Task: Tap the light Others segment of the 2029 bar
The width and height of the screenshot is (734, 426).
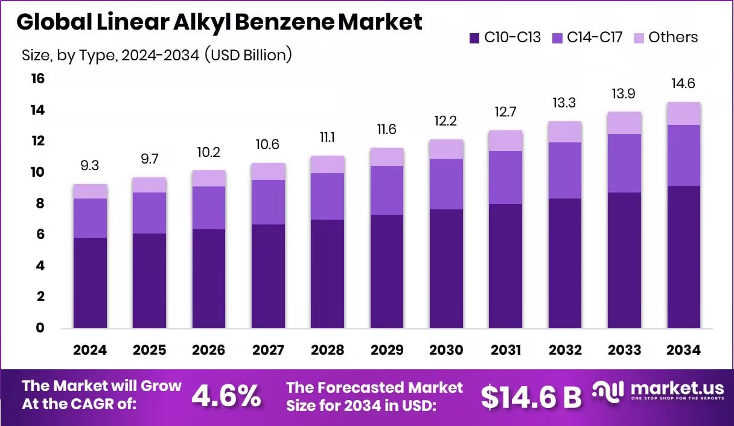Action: click(387, 157)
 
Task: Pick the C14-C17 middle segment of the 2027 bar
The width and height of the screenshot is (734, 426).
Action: click(268, 202)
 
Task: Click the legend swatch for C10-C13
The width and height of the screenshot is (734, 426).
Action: click(474, 38)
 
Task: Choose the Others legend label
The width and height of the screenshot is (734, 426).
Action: click(673, 37)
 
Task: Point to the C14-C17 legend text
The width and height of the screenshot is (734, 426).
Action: click(595, 37)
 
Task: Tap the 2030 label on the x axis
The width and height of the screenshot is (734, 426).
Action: click(446, 351)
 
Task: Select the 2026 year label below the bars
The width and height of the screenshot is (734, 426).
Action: click(209, 351)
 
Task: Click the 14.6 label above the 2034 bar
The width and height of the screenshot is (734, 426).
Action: click(684, 84)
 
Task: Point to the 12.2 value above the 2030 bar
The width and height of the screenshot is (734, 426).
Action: click(446, 121)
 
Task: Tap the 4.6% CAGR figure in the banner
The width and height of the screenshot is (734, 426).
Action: click(226, 396)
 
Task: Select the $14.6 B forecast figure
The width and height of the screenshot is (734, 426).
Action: click(531, 396)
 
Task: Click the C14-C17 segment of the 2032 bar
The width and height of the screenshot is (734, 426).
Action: click(565, 170)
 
